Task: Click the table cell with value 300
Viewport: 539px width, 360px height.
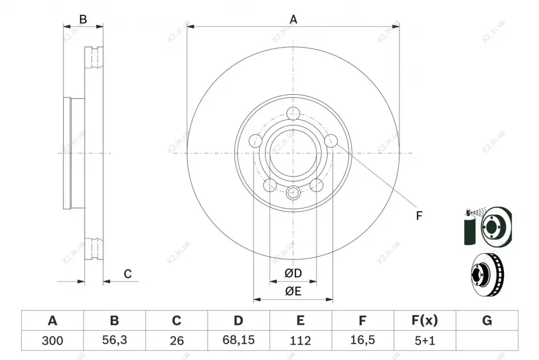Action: pos(52,341)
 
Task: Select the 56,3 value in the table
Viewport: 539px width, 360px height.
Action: pos(115,341)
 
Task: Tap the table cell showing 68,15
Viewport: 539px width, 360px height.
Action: pos(238,341)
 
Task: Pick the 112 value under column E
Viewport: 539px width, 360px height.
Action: pos(301,341)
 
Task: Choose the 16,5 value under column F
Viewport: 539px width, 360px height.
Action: pos(363,341)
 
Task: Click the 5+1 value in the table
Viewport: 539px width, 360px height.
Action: pos(425,341)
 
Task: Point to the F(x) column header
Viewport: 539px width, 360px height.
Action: pos(425,320)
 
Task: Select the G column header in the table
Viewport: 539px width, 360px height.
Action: pos(487,320)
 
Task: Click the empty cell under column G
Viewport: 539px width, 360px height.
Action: pos(487,341)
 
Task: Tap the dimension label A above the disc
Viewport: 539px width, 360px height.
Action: pos(293,19)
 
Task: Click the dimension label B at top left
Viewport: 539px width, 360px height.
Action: pos(83,19)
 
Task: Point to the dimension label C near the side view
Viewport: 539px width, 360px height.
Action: pos(128,274)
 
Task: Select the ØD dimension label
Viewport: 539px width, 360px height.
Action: pos(293,273)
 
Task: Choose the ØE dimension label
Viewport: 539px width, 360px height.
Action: pos(293,291)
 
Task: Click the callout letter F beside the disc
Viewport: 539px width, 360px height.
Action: pos(419,216)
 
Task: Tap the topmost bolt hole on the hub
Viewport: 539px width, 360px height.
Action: pos(293,113)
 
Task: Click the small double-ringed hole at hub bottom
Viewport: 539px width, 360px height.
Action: pos(293,192)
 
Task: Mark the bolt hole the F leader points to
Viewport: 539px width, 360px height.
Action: pos(331,141)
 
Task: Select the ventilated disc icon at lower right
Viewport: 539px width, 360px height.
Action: pos(487,274)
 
